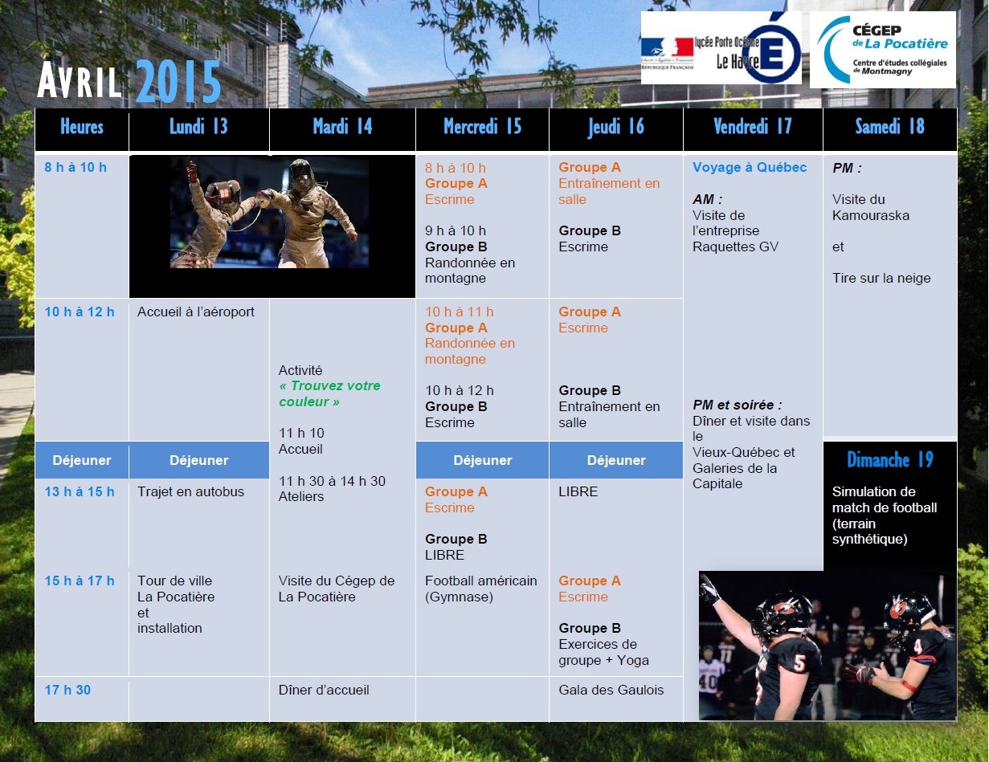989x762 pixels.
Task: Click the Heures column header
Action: pyautogui.click(x=82, y=127)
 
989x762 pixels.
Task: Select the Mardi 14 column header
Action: pyautogui.click(x=342, y=127)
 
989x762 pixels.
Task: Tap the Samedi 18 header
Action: pyautogui.click(x=890, y=127)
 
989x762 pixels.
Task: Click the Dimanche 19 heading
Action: pyautogui.click(x=890, y=459)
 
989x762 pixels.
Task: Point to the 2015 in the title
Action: pyautogui.click(x=178, y=82)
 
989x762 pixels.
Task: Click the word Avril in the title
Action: pyautogui.click(x=80, y=81)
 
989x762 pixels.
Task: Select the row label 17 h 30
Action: pyautogui.click(x=67, y=690)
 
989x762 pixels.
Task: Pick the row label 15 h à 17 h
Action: pyautogui.click(x=80, y=581)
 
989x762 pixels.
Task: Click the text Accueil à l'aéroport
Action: pyautogui.click(x=196, y=312)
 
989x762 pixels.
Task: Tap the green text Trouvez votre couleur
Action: pyautogui.click(x=329, y=393)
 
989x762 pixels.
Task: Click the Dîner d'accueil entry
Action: pyautogui.click(x=324, y=690)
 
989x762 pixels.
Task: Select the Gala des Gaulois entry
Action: pyautogui.click(x=611, y=690)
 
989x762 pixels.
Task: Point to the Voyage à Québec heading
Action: pyautogui.click(x=750, y=167)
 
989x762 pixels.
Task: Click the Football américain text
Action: pyautogui.click(x=480, y=581)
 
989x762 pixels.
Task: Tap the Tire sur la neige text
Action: pyautogui.click(x=881, y=278)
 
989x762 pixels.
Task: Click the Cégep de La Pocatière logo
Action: pyautogui.click(x=882, y=50)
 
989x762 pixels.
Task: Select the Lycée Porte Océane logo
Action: pyautogui.click(x=721, y=47)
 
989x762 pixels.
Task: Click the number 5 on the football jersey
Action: pyautogui.click(x=799, y=663)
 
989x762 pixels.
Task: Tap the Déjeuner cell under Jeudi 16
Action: pyautogui.click(x=616, y=460)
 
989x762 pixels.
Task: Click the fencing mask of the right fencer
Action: pyautogui.click(x=301, y=173)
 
